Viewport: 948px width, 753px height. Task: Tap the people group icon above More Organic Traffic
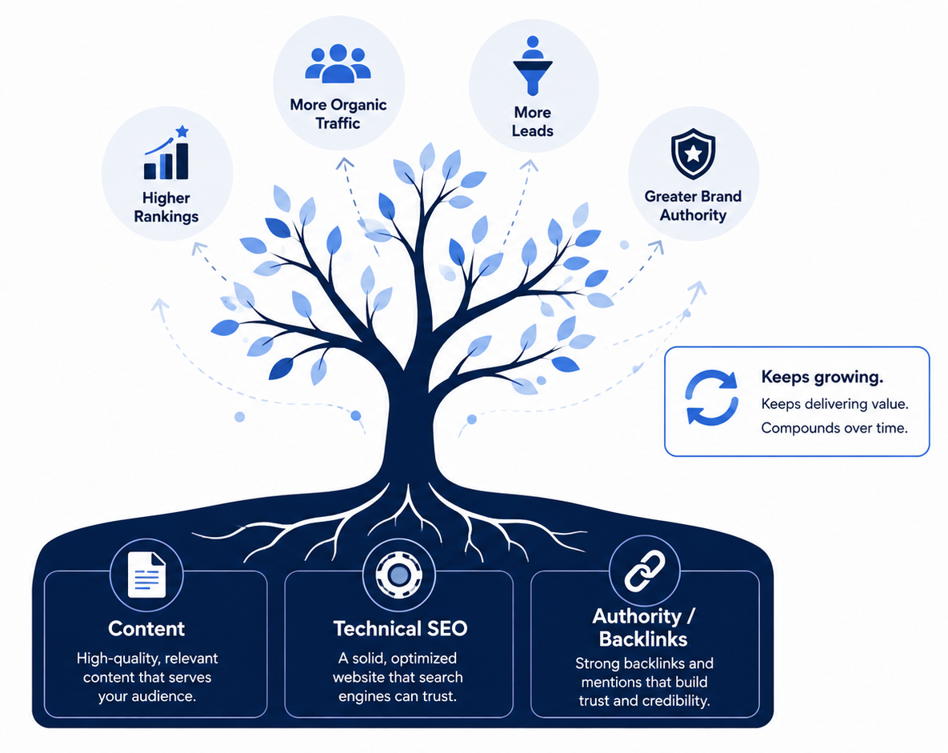pyautogui.click(x=338, y=63)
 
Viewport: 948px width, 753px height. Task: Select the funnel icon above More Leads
pyautogui.click(x=532, y=66)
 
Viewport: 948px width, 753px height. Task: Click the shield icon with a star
pyautogui.click(x=693, y=154)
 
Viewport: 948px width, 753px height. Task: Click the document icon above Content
pyautogui.click(x=147, y=575)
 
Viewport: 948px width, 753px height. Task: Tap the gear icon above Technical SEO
pyautogui.click(x=398, y=575)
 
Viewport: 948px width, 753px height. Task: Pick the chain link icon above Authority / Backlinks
pyautogui.click(x=645, y=571)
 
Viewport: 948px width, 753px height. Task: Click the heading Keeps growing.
pyautogui.click(x=822, y=378)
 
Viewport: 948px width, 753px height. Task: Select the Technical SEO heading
pyautogui.click(x=400, y=628)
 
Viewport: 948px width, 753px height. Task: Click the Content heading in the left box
pyautogui.click(x=146, y=628)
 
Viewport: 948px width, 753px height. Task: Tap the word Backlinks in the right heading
pyautogui.click(x=643, y=639)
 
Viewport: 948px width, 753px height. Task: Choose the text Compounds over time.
pyautogui.click(x=834, y=428)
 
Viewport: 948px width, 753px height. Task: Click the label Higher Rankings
pyautogui.click(x=166, y=206)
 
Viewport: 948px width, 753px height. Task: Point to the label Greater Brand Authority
pyautogui.click(x=693, y=206)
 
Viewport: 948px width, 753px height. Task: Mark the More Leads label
pyautogui.click(x=532, y=122)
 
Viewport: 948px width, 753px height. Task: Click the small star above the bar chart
pyautogui.click(x=182, y=131)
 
